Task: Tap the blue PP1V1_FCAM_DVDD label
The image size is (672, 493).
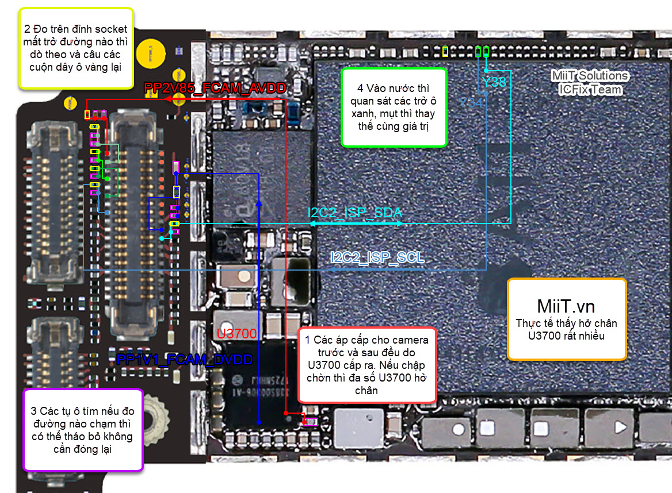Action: [185, 360]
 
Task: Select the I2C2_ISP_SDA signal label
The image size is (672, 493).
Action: [355, 213]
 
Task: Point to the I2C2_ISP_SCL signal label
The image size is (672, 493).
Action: [377, 257]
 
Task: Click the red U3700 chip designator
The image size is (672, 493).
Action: [236, 334]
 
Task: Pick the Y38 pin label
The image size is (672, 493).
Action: [494, 82]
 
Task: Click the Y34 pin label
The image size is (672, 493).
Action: [471, 102]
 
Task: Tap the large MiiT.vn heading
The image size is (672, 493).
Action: [566, 305]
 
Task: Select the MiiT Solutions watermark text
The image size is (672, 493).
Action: [590, 76]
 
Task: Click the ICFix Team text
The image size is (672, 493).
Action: [590, 89]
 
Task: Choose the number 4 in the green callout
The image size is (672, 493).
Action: [360, 88]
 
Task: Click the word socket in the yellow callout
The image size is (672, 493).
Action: [110, 29]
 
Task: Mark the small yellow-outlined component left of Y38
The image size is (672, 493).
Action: [445, 51]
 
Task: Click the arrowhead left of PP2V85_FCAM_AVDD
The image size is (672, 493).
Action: [166, 99]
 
